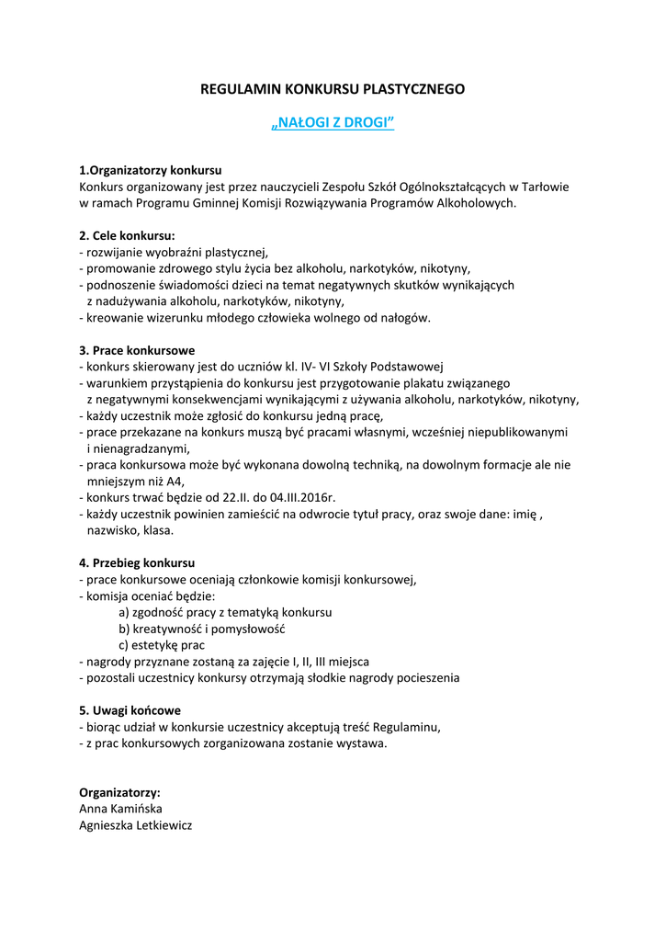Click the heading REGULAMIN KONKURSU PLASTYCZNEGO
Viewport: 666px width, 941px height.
[333, 89]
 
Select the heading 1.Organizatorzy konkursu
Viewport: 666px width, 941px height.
[151, 170]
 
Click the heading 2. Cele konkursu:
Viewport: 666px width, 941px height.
[127, 235]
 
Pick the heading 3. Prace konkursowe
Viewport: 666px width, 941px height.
[137, 350]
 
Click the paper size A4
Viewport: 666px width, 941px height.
[175, 482]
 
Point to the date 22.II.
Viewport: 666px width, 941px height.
[224, 497]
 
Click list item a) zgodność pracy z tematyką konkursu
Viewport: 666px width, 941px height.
[225, 612]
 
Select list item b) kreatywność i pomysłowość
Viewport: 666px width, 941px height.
[202, 629]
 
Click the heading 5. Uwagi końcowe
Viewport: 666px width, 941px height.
[130, 710]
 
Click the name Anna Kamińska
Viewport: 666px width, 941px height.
[120, 809]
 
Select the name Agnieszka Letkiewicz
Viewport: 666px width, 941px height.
[136, 825]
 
